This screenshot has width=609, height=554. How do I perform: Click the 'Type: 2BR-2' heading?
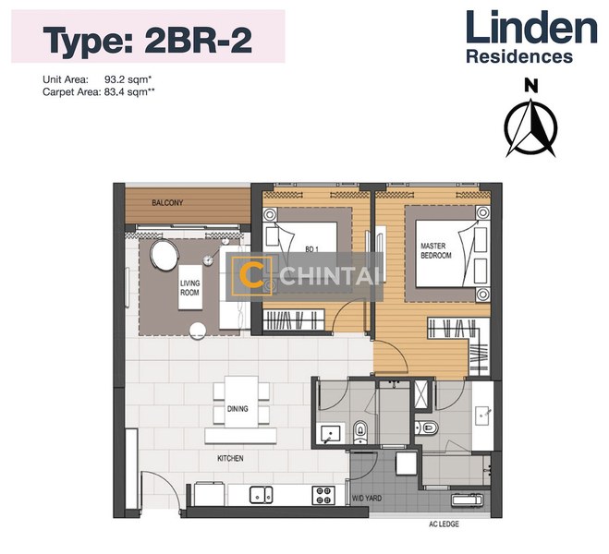pos(149,40)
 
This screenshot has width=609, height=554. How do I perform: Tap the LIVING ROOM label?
pos(189,288)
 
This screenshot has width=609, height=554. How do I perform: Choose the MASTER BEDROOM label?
pos(435,250)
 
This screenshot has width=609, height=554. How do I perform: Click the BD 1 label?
pos(311,248)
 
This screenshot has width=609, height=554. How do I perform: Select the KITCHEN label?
pos(230,457)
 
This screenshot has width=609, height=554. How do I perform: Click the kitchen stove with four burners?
pos(323,494)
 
